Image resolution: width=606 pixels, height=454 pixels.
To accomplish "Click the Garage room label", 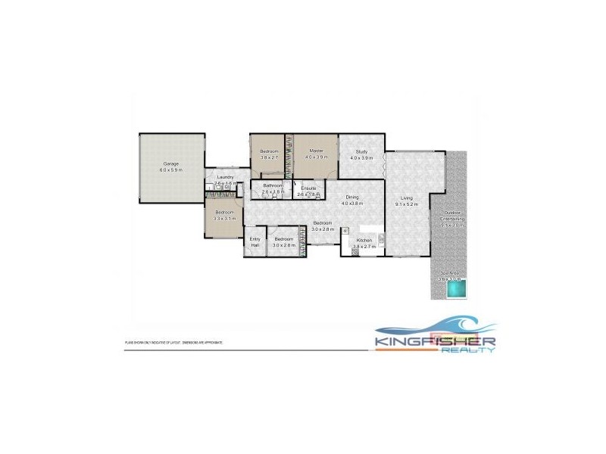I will [x=170, y=164].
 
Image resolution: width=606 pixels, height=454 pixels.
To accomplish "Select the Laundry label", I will [x=225, y=177].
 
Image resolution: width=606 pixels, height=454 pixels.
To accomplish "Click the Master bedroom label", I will [x=317, y=151].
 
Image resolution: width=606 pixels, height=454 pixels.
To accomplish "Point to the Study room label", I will [x=361, y=151].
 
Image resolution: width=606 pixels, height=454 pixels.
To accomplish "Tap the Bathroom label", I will [x=273, y=186].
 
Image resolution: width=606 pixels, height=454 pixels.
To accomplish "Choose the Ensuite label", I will [x=308, y=188].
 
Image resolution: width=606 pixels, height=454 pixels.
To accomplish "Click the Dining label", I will [x=350, y=197].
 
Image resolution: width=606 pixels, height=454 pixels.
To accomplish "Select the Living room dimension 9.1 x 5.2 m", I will [x=408, y=205].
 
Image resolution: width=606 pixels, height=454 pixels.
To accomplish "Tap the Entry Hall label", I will [x=255, y=242].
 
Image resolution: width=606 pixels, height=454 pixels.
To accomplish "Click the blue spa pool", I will [x=454, y=290].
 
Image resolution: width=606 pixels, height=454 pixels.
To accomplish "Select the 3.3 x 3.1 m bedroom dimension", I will [x=225, y=219].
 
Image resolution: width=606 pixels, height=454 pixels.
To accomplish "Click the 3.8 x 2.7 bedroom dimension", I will [x=270, y=158].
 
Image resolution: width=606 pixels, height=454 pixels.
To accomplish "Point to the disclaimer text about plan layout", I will [x=174, y=343].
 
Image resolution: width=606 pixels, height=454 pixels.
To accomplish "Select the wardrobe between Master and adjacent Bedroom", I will [x=289, y=155].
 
